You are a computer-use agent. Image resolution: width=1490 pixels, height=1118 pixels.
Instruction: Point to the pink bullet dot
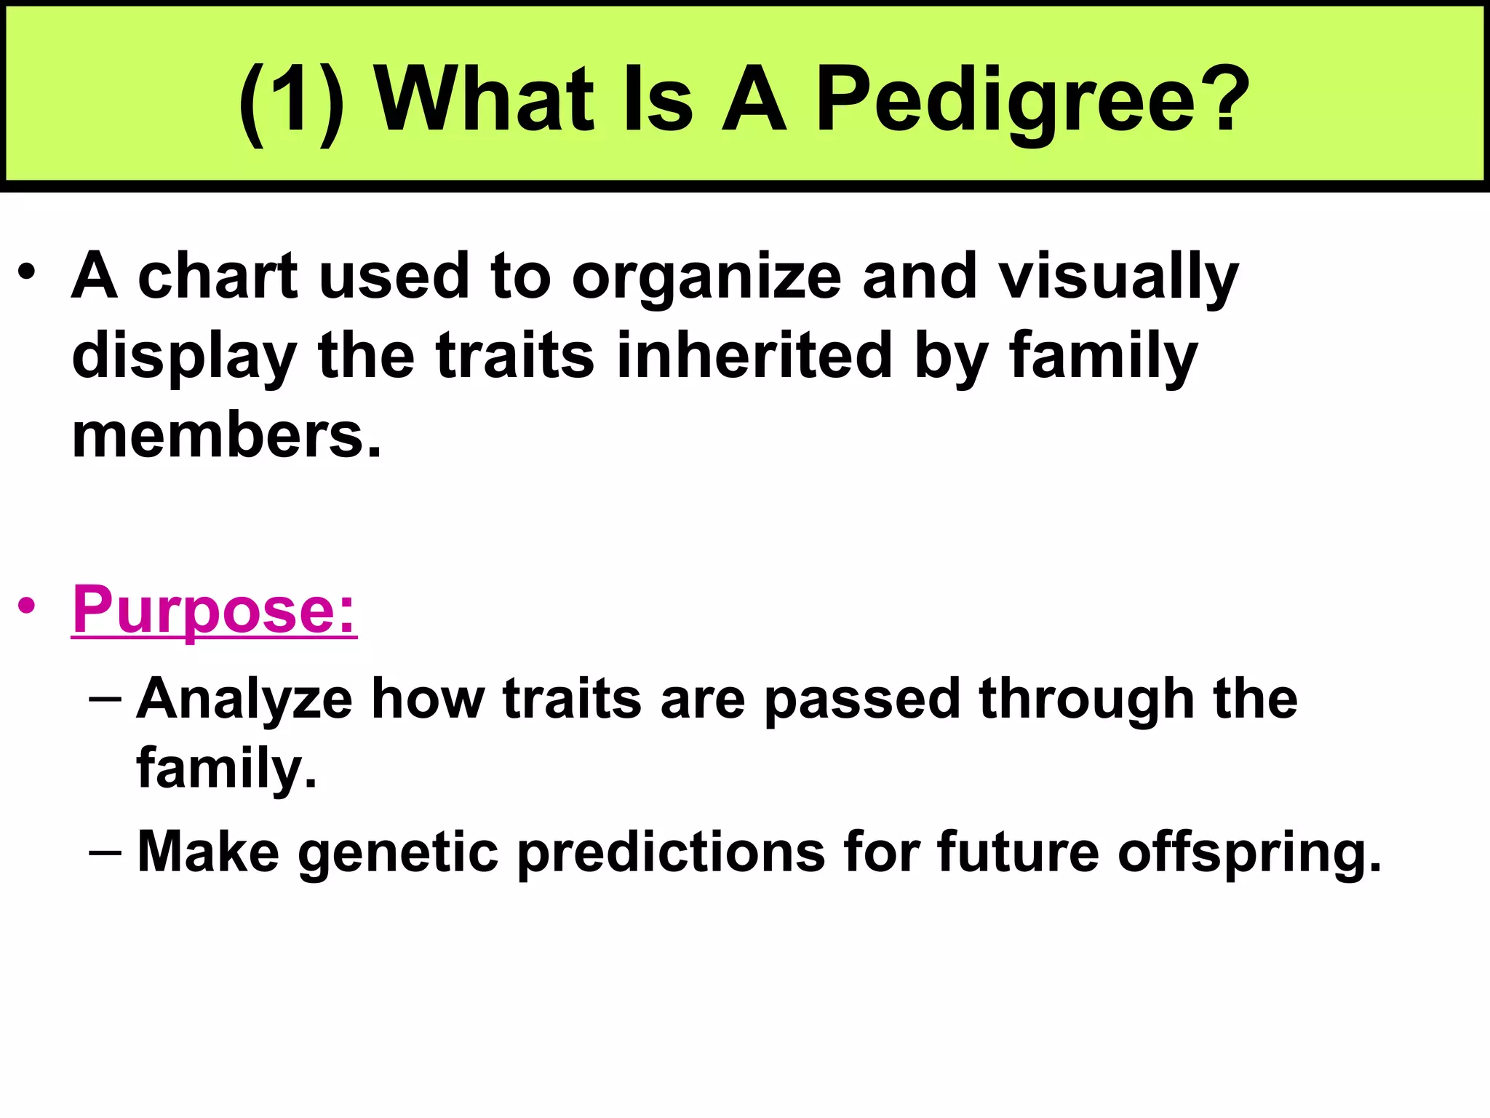pyautogui.click(x=27, y=605)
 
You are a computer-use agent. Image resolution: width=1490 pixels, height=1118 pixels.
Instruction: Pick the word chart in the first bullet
pyautogui.click(x=218, y=276)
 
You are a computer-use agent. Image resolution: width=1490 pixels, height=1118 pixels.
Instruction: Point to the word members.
pyautogui.click(x=226, y=436)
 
